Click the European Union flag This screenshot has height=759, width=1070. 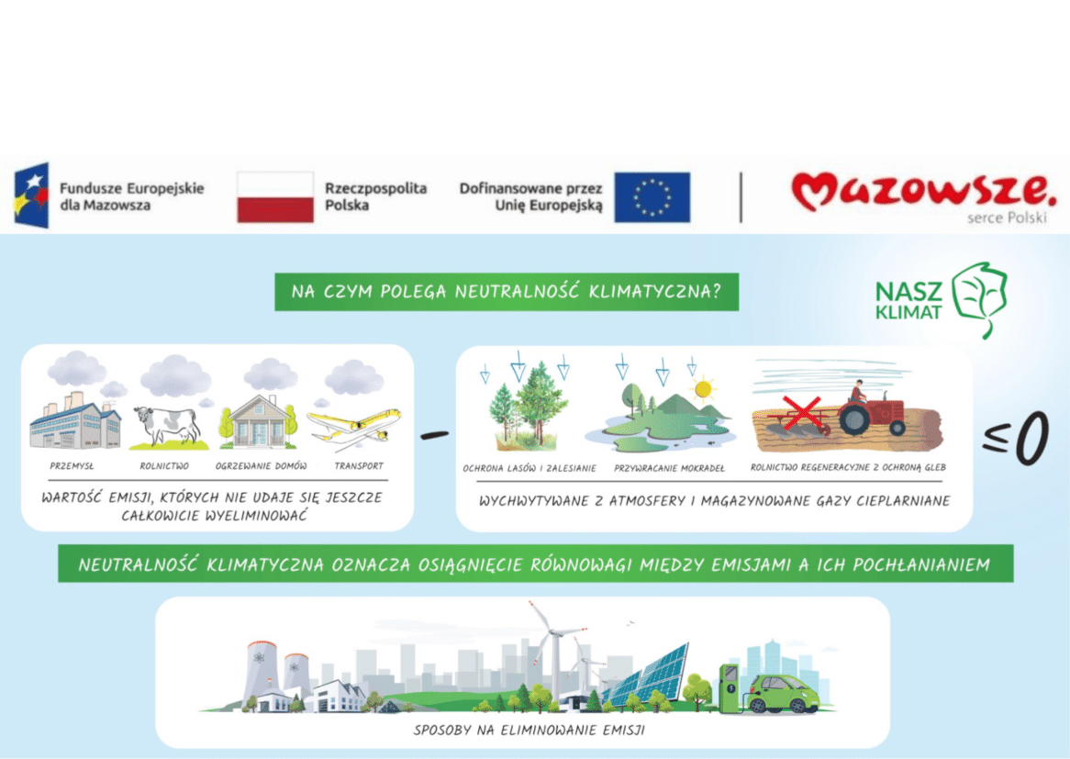tap(652, 197)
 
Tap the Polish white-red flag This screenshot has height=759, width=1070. tap(275, 197)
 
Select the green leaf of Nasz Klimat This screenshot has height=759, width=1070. tap(981, 298)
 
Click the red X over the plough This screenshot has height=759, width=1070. tap(802, 413)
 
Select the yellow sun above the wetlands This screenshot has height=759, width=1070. tap(702, 389)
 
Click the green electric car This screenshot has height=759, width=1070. tap(782, 694)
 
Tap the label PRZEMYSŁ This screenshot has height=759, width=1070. tap(72, 466)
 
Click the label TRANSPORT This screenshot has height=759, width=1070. tap(359, 466)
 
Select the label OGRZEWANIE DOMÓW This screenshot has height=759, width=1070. tap(261, 466)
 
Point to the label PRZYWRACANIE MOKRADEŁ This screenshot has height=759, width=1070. tap(669, 468)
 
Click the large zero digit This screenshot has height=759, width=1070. tap(1031, 438)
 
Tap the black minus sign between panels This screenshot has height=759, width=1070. tap(435, 435)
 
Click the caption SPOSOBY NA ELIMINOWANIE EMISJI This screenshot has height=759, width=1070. tap(529, 731)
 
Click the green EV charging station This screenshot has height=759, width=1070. tap(730, 687)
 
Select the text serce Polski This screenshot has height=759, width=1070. tap(1007, 218)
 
